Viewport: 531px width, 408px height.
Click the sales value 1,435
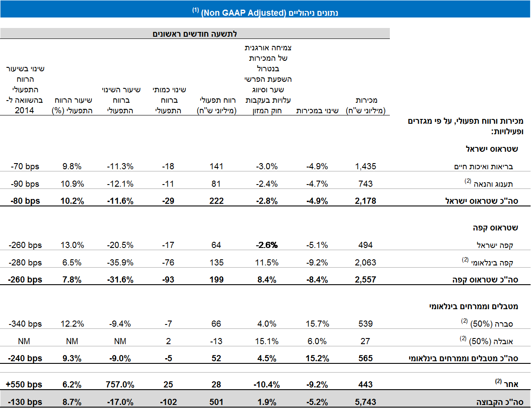point(365,166)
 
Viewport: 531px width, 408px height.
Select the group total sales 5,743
point(365,402)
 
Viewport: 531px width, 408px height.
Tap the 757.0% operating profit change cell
point(120,384)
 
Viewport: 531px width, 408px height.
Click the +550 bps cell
point(24,384)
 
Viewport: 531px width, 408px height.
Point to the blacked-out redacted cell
point(267,241)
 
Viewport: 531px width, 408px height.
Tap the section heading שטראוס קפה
point(497,228)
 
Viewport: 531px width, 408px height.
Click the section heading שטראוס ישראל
point(495,149)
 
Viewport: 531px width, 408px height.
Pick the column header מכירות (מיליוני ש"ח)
point(365,105)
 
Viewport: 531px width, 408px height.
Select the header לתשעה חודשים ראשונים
point(194,33)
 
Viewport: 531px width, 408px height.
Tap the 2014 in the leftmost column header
point(24,111)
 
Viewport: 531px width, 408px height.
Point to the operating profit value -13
point(216,341)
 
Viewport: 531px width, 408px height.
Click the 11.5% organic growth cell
point(267,262)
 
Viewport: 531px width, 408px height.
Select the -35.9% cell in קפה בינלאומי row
point(120,262)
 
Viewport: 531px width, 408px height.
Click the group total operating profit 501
point(216,402)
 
